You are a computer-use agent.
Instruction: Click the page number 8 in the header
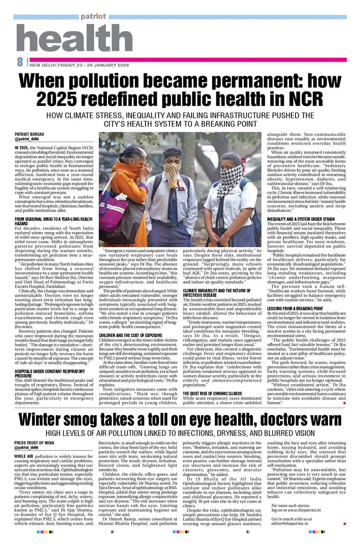(20, 62)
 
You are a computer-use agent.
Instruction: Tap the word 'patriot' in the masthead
(93, 17)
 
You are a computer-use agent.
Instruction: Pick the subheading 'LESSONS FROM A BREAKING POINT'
(295, 309)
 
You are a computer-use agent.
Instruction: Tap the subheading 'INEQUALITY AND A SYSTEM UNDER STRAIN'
(301, 219)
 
